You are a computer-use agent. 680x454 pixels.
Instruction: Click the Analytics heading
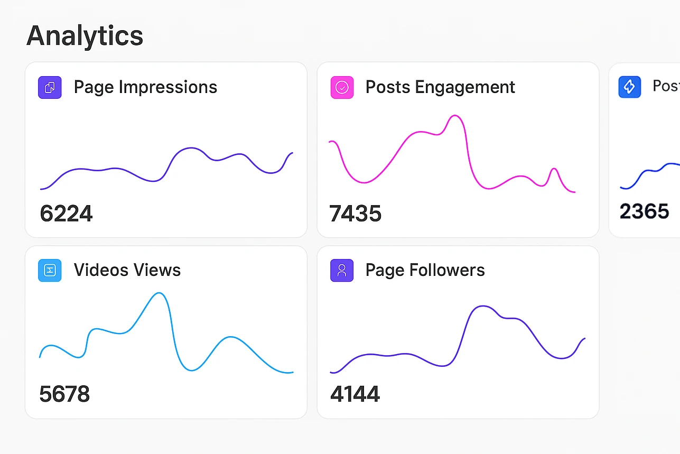(x=85, y=36)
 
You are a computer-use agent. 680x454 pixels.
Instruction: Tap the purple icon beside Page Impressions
(x=50, y=87)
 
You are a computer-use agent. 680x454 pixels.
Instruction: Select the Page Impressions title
(x=145, y=87)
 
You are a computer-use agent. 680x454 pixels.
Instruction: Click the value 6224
(x=66, y=214)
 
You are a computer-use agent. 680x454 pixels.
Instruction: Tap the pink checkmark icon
(x=342, y=87)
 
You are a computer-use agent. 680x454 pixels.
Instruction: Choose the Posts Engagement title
(x=440, y=87)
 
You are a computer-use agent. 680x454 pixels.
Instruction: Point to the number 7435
(x=355, y=214)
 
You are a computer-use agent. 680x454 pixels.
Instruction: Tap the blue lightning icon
(x=629, y=87)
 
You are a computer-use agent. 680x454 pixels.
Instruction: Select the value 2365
(x=644, y=211)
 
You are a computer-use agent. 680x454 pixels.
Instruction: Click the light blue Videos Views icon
(x=50, y=270)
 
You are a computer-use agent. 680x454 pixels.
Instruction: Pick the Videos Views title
(x=127, y=270)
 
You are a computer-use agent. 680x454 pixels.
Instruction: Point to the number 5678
(x=64, y=394)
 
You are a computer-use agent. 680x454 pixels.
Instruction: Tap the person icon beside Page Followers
(x=342, y=270)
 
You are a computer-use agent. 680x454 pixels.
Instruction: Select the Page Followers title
(x=425, y=270)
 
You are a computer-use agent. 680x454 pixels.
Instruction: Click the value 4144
(x=355, y=394)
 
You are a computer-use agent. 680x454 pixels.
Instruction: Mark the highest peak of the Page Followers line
(x=481, y=306)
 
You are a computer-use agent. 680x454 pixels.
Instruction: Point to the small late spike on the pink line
(x=554, y=169)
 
